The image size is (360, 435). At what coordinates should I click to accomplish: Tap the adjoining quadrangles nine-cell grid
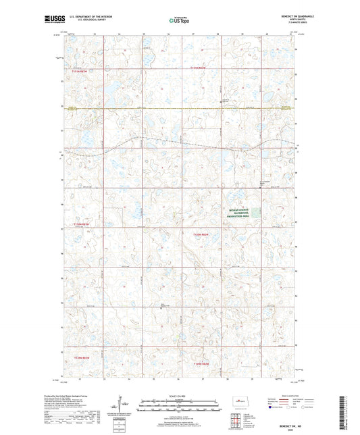(237, 421)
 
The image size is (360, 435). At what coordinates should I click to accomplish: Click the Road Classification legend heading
(288, 396)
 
